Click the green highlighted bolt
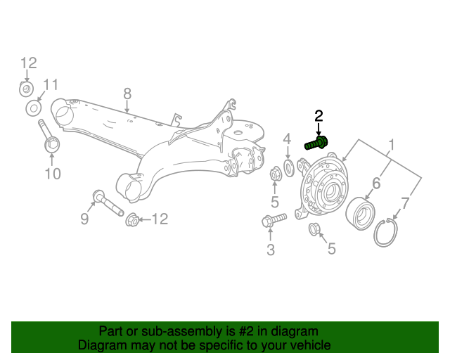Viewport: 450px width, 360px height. (x=316, y=143)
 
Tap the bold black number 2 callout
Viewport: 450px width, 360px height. (x=319, y=116)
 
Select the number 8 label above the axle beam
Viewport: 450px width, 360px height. (x=127, y=94)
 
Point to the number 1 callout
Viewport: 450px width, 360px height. (x=391, y=146)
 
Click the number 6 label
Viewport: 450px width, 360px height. (x=376, y=184)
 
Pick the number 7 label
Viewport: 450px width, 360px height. (x=404, y=205)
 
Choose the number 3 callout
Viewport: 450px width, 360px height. (x=271, y=250)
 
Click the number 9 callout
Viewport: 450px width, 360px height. (x=84, y=219)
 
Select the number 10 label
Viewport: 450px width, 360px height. (x=53, y=174)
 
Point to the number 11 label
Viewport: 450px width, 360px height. (x=49, y=86)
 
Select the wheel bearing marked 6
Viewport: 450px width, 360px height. (x=361, y=209)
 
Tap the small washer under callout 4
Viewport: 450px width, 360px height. (x=288, y=168)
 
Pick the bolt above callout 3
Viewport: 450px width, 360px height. (x=273, y=220)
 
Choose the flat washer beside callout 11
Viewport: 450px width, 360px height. (x=33, y=109)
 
